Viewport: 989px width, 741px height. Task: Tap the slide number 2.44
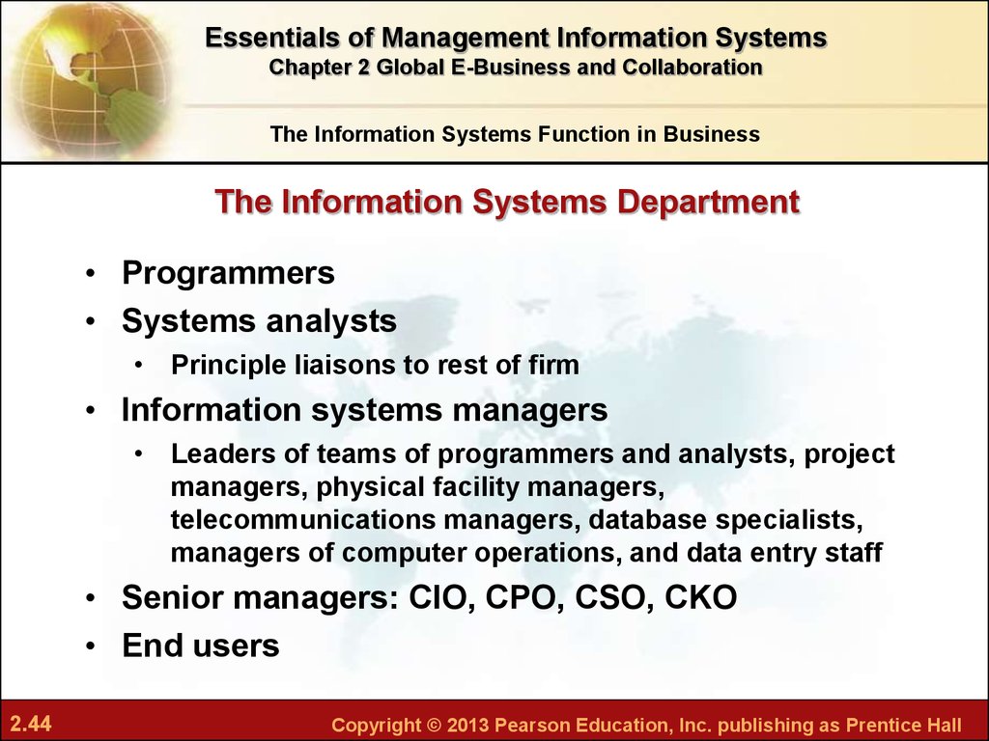click(31, 724)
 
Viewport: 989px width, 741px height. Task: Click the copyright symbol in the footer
click(434, 725)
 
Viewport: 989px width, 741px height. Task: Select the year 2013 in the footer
click(467, 725)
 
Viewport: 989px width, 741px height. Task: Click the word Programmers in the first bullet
click(228, 273)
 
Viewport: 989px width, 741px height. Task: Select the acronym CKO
click(701, 597)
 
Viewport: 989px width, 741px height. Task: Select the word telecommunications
click(303, 520)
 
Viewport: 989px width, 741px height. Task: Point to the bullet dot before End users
click(92, 646)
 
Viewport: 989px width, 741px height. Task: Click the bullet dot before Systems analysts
click(92, 321)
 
